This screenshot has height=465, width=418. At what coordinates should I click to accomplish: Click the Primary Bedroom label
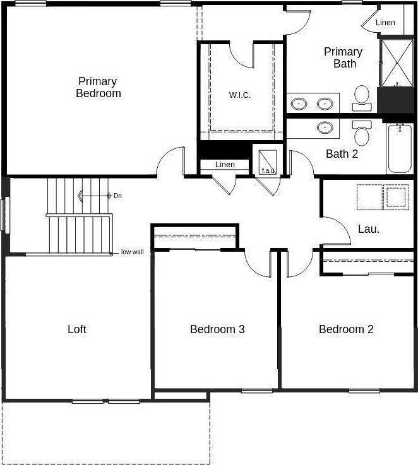pos(99,87)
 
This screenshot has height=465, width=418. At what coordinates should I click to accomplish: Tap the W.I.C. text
pos(240,95)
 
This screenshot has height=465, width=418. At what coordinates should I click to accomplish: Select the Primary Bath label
pos(343,57)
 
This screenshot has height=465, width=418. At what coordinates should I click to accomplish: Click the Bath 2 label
pos(342,153)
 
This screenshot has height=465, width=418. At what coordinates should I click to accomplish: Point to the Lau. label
pos(368,229)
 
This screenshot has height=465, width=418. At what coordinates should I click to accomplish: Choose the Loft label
pos(77,329)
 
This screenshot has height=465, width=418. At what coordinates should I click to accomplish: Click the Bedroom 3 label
pos(217,329)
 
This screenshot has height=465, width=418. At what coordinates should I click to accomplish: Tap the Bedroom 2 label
pos(346,329)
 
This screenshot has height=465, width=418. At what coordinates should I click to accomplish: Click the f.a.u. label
pos(266,170)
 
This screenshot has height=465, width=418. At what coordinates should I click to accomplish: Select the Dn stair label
pos(117,196)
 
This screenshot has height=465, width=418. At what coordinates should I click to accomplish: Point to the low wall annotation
pos(133,252)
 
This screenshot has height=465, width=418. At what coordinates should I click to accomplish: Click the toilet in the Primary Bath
pos(362,95)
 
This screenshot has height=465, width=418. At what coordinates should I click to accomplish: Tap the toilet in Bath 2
pos(362,133)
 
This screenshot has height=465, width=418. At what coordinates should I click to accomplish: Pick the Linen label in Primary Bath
pos(385,23)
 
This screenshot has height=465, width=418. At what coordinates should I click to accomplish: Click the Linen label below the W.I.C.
pos(225,165)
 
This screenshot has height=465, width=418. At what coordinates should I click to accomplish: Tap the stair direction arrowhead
pos(81,196)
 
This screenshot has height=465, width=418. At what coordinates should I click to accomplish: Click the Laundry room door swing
pos(338,230)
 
